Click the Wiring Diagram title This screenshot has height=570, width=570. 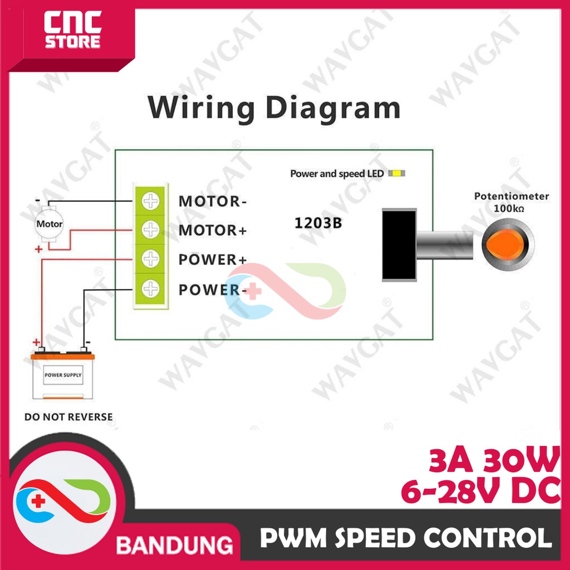click(274, 108)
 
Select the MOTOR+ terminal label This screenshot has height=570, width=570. click(212, 230)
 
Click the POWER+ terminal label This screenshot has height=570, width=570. click(212, 260)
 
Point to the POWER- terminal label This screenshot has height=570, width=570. click(212, 289)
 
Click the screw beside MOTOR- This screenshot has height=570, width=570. click(150, 201)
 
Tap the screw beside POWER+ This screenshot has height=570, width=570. click(150, 259)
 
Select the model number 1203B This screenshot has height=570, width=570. click(317, 224)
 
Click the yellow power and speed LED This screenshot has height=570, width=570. click(397, 174)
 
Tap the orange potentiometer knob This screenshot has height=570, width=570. click(507, 244)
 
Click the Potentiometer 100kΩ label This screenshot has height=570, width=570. click(511, 202)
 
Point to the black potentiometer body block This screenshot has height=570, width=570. click(399, 243)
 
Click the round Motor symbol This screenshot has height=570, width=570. click(50, 224)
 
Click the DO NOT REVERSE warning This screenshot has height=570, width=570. click(68, 416)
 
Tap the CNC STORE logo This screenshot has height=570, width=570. click(72, 32)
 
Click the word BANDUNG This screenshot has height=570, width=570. click(174, 543)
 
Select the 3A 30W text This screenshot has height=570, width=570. click(493, 461)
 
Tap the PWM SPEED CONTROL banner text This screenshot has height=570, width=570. click(406, 539)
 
